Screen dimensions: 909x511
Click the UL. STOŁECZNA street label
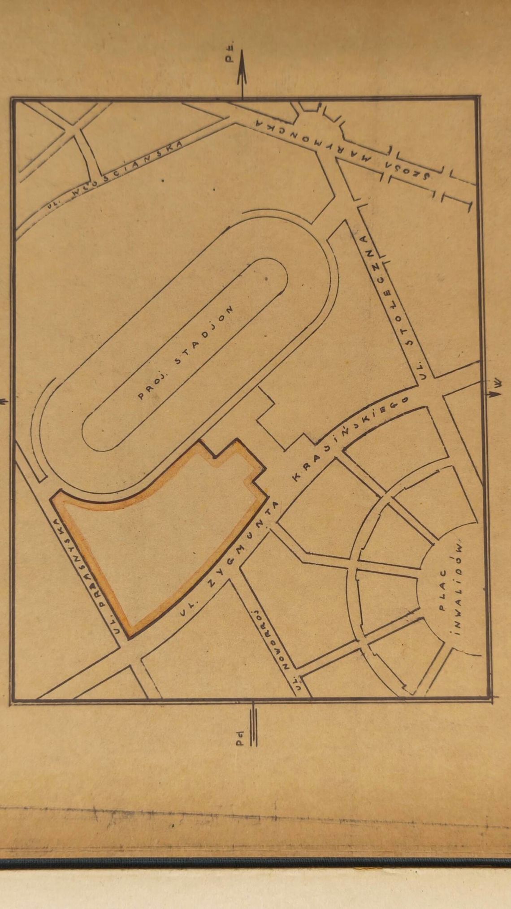[x=394, y=300]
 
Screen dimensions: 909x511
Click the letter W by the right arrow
[x=502, y=383]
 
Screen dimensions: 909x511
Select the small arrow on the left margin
[x=4, y=402]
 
